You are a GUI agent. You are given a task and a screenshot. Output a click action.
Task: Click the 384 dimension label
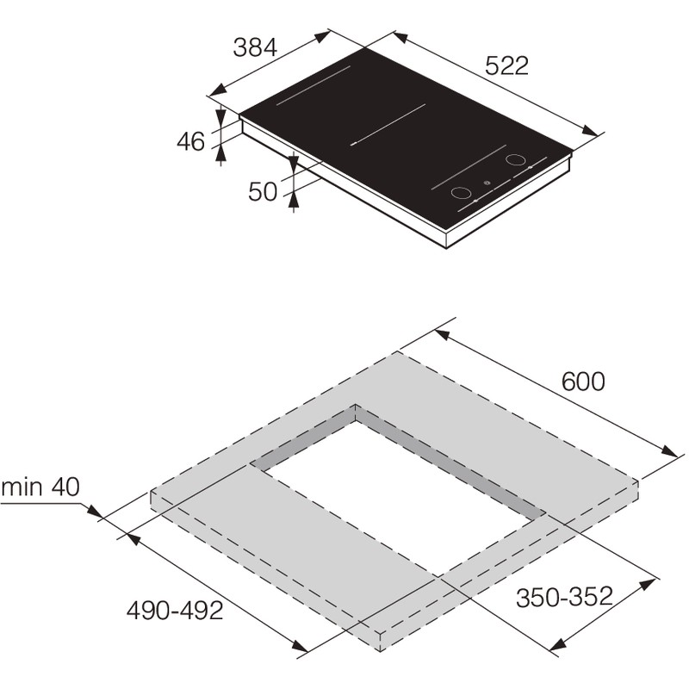(255, 47)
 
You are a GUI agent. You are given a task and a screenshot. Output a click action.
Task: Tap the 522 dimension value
(506, 66)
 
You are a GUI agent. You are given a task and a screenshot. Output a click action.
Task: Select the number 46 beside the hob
(190, 142)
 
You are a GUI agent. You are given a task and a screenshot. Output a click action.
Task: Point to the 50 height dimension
(263, 192)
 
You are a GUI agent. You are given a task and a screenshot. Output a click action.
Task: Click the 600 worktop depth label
(583, 382)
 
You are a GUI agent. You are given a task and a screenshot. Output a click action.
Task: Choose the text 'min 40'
(40, 487)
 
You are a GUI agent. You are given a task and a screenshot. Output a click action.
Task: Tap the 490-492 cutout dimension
(175, 611)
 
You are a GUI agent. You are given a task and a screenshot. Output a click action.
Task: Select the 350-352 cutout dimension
(564, 597)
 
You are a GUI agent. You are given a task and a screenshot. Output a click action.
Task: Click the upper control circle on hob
(515, 159)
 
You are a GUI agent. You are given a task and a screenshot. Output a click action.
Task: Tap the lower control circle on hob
(461, 193)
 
